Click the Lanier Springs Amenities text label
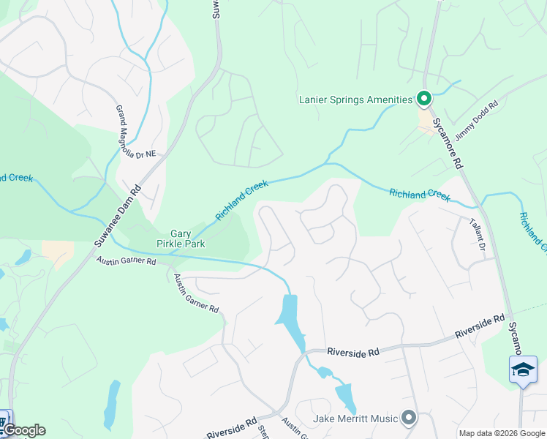[x=355, y=100]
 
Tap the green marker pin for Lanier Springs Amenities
[x=423, y=98]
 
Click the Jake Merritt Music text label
[x=355, y=419]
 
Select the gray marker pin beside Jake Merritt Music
[x=408, y=419]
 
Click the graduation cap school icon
[x=523, y=369]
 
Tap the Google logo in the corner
[x=23, y=430]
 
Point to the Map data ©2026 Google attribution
[x=501, y=433]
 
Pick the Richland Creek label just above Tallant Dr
[x=420, y=194]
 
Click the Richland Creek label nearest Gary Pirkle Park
[x=243, y=200]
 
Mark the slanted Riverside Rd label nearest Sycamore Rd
[x=479, y=326]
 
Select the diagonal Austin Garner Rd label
[x=195, y=293]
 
